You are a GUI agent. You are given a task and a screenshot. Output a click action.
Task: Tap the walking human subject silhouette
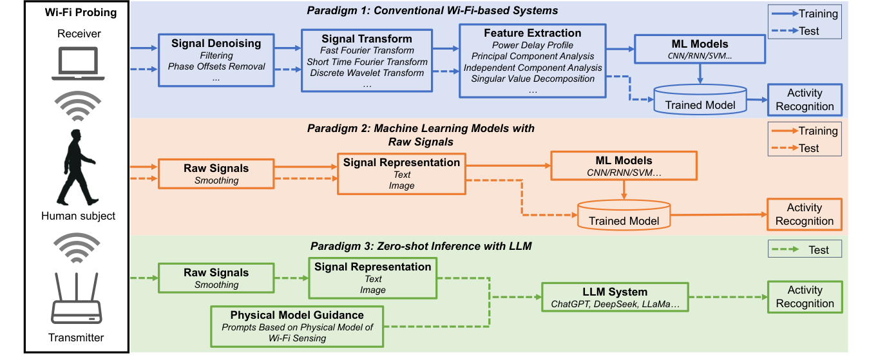click(x=77, y=167)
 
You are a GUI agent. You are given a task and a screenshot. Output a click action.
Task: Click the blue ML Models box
click(x=700, y=49)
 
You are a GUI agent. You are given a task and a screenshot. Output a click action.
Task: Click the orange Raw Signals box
click(x=216, y=174)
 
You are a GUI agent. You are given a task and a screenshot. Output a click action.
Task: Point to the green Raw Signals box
click(x=216, y=278)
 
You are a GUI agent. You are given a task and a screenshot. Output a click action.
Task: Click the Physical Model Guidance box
click(x=297, y=326)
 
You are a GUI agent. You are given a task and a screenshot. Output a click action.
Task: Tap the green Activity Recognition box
click(x=804, y=297)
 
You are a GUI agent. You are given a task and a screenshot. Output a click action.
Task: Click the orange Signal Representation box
click(x=401, y=174)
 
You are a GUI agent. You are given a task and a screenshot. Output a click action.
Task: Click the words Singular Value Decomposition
click(x=532, y=79)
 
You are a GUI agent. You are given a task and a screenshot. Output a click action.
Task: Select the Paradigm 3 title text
click(x=421, y=246)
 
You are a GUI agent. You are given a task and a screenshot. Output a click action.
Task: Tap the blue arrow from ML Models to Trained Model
click(x=700, y=73)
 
